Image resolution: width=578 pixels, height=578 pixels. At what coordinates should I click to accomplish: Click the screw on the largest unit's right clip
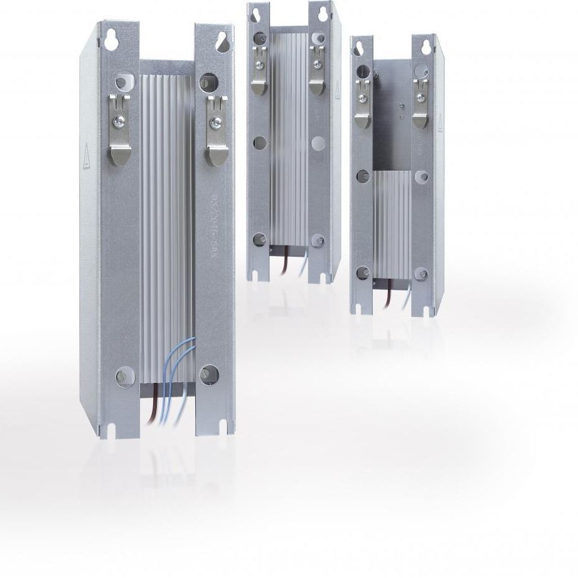pos(215,120)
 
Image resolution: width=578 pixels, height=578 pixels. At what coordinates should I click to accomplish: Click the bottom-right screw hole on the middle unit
pos(319,239)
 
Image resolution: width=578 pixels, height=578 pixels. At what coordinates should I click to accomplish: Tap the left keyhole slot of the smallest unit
pos(360,47)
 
